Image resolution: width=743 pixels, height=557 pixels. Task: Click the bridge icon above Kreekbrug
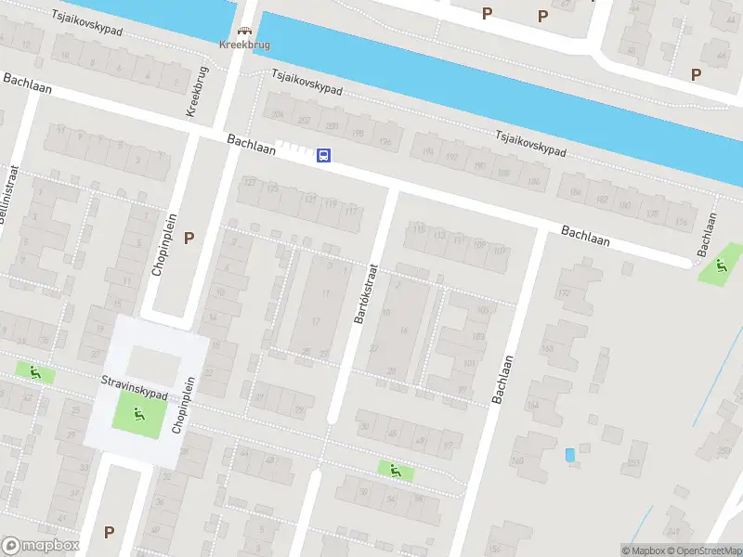coord(246,30)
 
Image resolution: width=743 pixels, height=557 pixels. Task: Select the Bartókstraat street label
coord(366,291)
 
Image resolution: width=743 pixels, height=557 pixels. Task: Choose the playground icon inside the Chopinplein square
coord(137,413)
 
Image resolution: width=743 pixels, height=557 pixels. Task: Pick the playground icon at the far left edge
coord(35,373)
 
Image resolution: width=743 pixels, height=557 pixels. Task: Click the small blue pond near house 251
coord(569,454)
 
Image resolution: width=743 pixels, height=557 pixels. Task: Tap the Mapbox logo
coord(40,545)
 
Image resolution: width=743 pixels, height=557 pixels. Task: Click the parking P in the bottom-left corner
coord(110,532)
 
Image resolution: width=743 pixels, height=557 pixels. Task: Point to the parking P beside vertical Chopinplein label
coord(189,238)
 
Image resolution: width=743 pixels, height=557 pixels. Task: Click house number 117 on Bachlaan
coord(350,211)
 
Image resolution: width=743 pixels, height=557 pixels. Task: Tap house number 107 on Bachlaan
coord(501,250)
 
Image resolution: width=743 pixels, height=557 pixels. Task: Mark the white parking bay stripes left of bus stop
coord(293,149)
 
